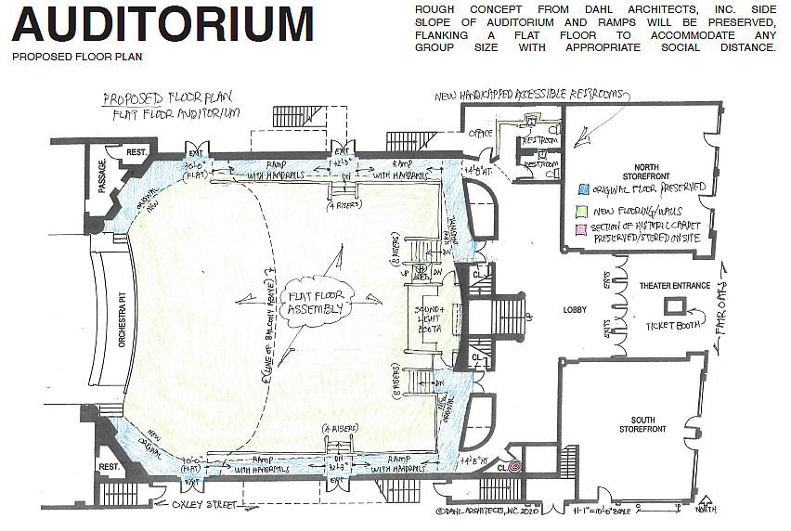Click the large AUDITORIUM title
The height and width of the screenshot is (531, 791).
(x=162, y=25)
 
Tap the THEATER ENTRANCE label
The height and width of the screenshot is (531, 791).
(x=675, y=286)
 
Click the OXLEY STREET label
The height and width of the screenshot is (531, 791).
(x=201, y=505)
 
